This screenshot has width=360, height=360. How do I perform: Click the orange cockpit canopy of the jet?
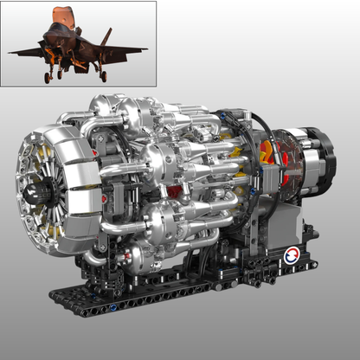tap(60, 16)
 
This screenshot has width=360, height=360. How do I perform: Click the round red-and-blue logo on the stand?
tap(291, 255)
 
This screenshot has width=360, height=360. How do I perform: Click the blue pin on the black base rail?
tap(114, 307)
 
